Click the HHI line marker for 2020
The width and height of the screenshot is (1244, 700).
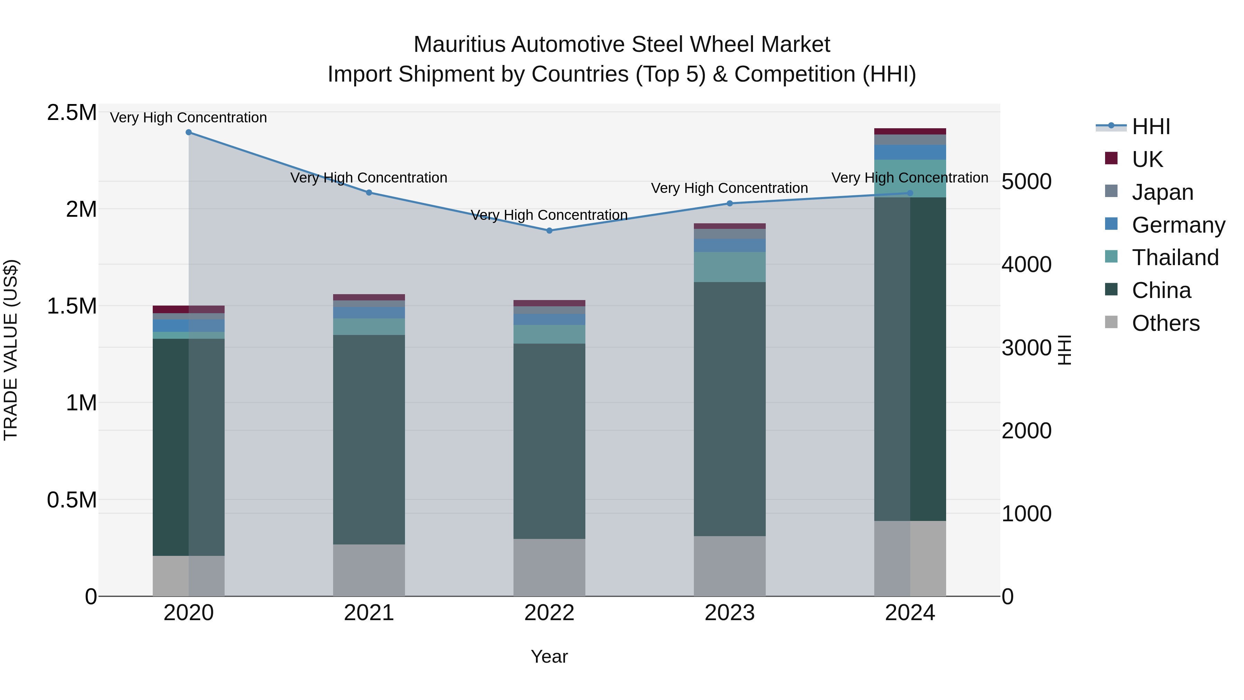click(189, 132)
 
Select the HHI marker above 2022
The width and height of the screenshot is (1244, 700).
click(549, 231)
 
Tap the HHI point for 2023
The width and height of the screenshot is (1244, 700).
click(730, 203)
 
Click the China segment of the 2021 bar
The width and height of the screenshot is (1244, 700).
click(369, 440)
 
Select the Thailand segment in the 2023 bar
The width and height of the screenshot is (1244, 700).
click(730, 267)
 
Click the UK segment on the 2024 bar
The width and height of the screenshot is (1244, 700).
click(910, 131)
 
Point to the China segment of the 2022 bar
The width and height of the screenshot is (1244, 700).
click(549, 441)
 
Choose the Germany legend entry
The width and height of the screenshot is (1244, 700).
click(1178, 225)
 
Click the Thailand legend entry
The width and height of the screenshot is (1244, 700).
click(1175, 258)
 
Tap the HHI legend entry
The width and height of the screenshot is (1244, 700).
click(1150, 127)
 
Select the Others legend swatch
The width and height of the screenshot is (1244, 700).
click(1111, 322)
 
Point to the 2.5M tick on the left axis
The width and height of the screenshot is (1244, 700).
click(72, 113)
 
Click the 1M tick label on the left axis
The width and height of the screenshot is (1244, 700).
click(81, 403)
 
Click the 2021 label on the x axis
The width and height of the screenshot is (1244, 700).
click(369, 613)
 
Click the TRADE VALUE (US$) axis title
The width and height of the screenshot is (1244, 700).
click(11, 350)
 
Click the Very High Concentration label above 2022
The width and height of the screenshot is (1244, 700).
click(549, 215)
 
